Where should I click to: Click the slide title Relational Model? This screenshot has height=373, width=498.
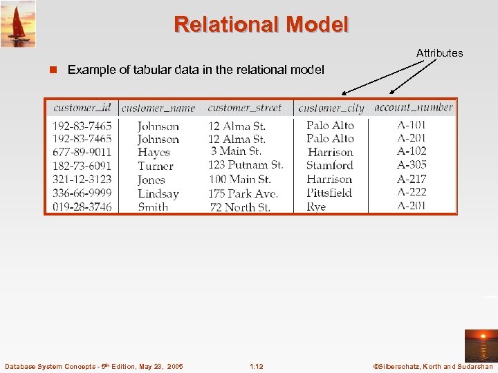[261, 25]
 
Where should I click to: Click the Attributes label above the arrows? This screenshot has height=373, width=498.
[439, 52]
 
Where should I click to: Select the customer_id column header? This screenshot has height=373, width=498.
[82, 108]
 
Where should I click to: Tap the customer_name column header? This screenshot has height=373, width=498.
[158, 108]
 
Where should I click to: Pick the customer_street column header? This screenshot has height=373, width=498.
[244, 108]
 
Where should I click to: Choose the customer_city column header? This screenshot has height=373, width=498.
[331, 108]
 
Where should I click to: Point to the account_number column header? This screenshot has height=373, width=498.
[413, 108]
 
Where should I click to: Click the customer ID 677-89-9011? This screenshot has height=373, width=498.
[82, 152]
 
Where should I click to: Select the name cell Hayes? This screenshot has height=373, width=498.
[154, 152]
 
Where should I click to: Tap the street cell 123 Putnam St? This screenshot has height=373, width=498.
[246, 165]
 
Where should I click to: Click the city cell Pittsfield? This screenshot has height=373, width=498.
[329, 193]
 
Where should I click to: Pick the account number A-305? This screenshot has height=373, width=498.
[412, 165]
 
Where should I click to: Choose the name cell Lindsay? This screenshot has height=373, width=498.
[158, 193]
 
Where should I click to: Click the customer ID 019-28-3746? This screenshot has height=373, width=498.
[82, 207]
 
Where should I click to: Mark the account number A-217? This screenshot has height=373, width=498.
[412, 179]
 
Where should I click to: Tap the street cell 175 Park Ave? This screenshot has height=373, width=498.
[243, 193]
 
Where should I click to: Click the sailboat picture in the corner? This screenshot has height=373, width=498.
[18, 23]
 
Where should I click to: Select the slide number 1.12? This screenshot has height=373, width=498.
[256, 365]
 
